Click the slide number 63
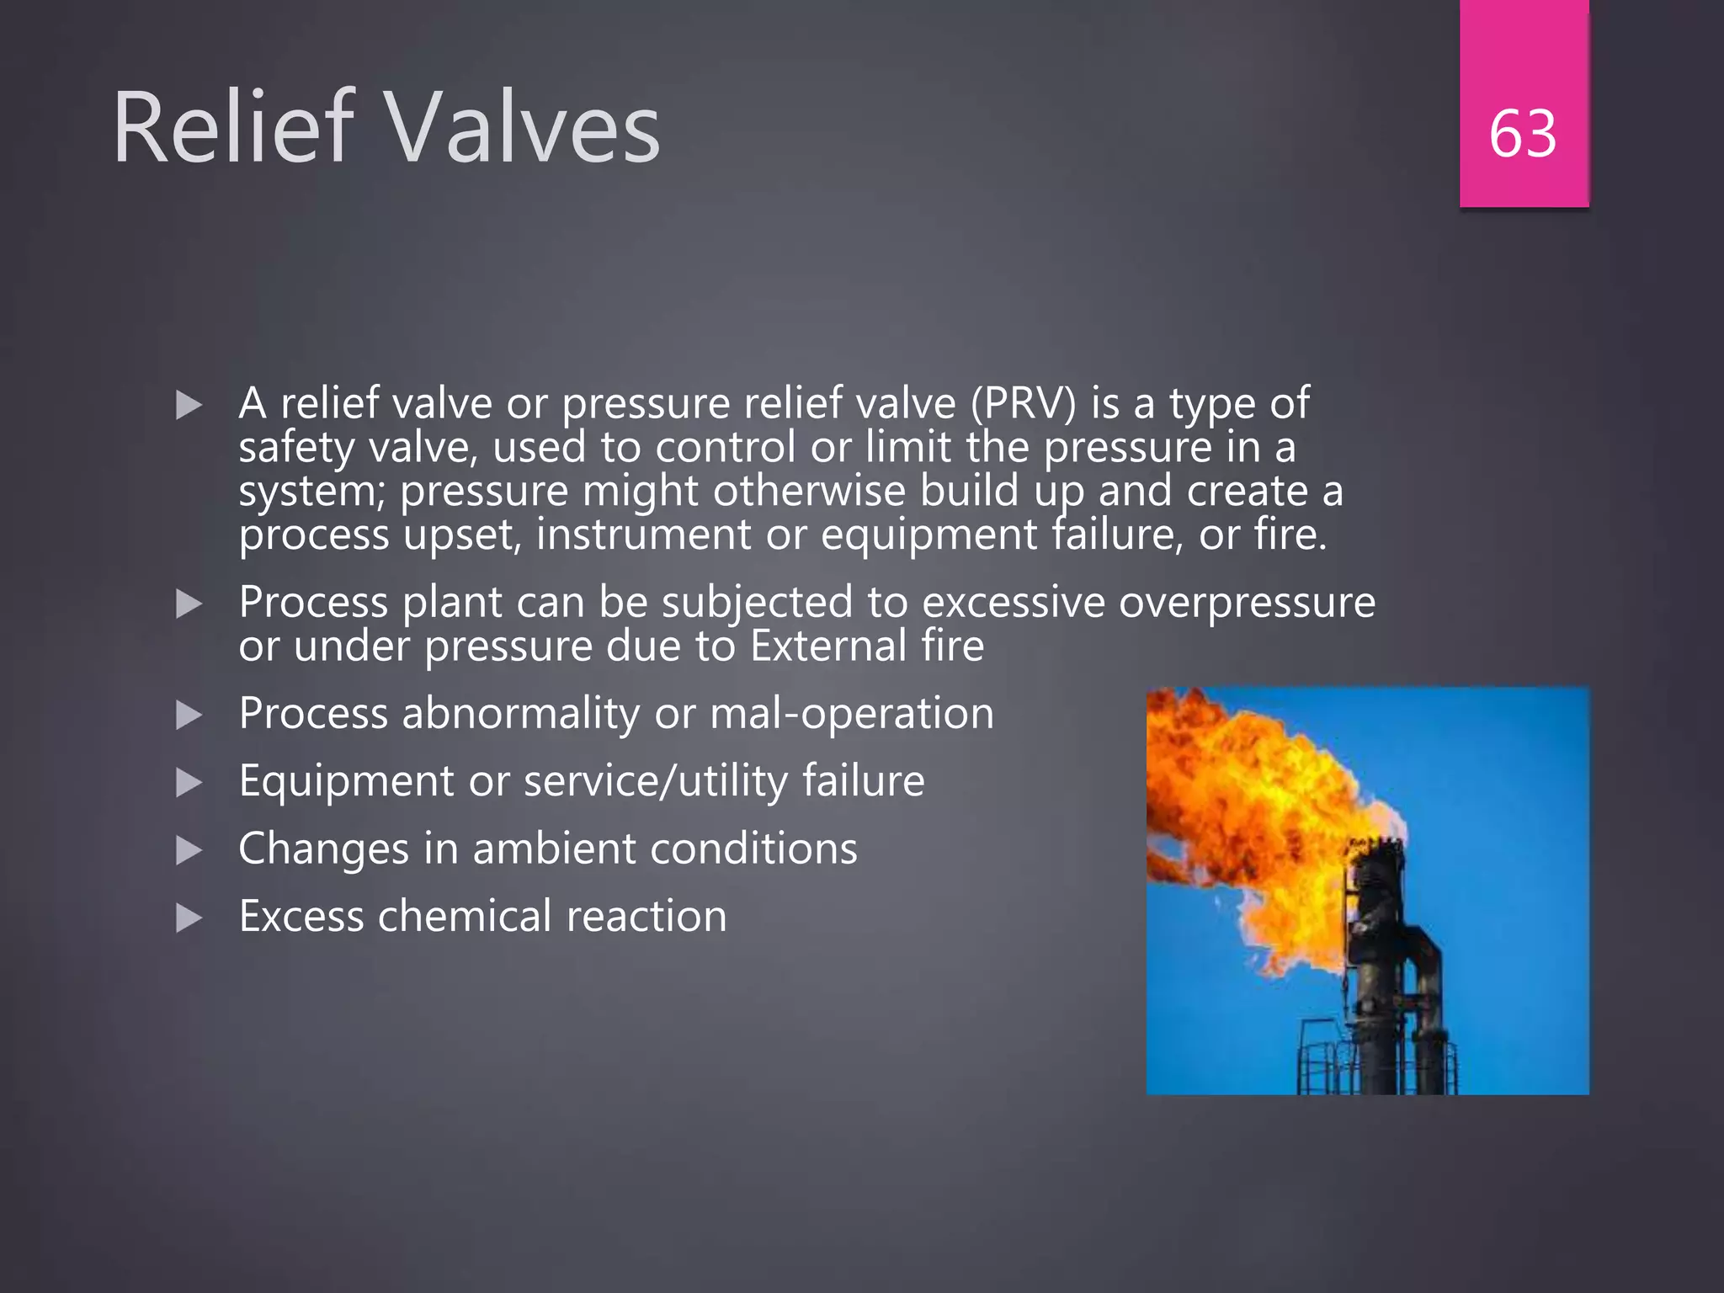[1523, 134]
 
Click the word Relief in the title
[231, 128]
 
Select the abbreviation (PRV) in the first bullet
[1023, 403]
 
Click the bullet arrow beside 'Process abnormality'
[189, 716]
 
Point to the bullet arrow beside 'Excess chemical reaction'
[189, 918]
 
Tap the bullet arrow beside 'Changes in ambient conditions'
[189, 850]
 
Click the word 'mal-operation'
[851, 714]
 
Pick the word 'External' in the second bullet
[827, 646]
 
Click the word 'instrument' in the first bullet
[643, 535]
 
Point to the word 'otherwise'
[808, 491]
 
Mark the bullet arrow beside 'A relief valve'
[189, 406]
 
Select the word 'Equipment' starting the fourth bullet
[346, 781]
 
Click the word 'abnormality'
[521, 714]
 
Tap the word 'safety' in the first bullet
[296, 448]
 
